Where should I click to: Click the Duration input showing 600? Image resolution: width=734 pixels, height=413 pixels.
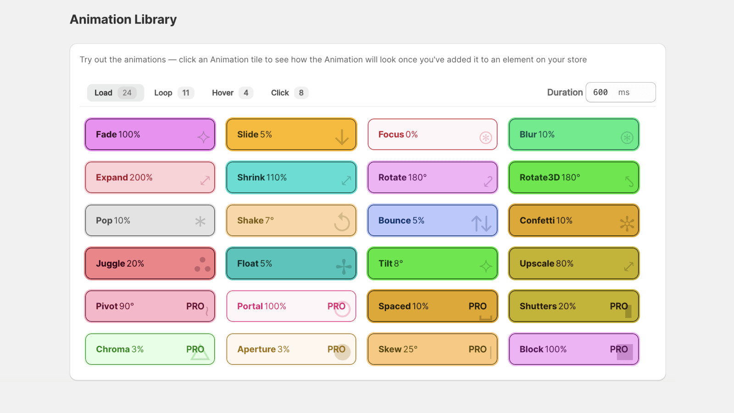(x=620, y=92)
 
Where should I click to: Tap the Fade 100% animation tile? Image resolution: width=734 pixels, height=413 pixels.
(x=150, y=134)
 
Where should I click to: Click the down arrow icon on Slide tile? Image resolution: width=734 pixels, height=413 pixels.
(x=342, y=137)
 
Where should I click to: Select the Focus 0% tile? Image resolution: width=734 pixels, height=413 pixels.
(x=433, y=134)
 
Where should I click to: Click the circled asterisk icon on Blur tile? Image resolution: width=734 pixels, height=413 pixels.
(x=627, y=137)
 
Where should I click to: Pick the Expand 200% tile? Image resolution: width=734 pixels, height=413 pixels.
(x=150, y=178)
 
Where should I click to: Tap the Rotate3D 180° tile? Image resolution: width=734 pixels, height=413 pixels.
(x=574, y=178)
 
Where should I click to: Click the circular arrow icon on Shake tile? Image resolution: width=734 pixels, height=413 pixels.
(x=342, y=222)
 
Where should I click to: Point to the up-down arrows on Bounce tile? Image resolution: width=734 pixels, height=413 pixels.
(x=481, y=223)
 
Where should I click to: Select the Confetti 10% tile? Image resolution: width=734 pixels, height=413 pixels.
(x=574, y=221)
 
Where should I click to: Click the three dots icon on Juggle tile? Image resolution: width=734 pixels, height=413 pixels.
(x=202, y=265)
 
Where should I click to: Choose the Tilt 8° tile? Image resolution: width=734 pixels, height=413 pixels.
(x=433, y=263)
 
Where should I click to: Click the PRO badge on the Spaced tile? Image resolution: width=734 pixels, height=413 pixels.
(x=478, y=306)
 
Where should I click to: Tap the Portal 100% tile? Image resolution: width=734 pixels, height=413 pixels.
(x=291, y=306)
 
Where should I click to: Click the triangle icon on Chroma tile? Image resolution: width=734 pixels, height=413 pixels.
(x=200, y=353)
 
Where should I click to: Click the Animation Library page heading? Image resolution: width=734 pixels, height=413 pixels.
(x=123, y=20)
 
